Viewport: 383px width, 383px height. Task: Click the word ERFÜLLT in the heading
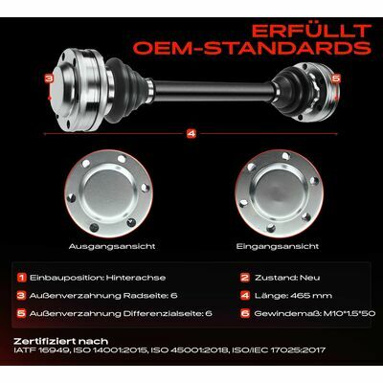[x=311, y=31]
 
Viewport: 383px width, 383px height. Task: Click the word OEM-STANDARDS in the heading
[x=253, y=48]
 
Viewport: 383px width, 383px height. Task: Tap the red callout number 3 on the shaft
[x=49, y=79]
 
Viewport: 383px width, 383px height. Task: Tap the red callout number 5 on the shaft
[x=336, y=79]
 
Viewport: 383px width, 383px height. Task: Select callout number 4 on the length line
[x=191, y=134]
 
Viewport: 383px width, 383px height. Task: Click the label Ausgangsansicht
[x=112, y=246]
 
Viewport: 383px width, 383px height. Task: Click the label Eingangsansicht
[x=278, y=246]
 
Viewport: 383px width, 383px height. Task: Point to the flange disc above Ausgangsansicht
[x=108, y=194]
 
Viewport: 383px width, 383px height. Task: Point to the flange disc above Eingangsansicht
[x=279, y=194]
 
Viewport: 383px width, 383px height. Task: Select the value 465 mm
[x=311, y=296]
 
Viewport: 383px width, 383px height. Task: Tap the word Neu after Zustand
[x=309, y=278]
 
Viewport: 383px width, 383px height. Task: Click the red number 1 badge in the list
[x=21, y=278]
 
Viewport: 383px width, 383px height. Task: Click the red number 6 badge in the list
[x=245, y=313]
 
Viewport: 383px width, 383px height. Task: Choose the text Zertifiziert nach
[x=61, y=341]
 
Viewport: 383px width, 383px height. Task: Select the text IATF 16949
[x=41, y=350]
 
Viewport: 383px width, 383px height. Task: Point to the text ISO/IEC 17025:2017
[x=279, y=350]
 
